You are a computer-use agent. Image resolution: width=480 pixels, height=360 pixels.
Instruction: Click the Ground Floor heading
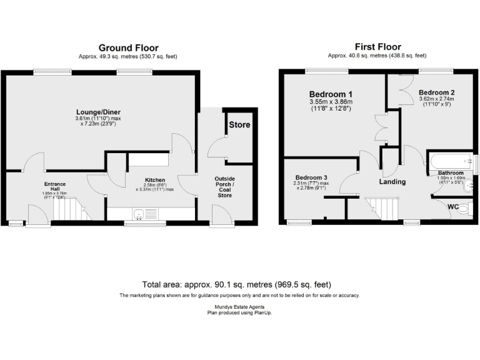128,47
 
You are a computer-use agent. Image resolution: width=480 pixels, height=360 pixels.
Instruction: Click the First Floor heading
377,47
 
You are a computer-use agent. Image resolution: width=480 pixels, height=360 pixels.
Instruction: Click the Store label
239,125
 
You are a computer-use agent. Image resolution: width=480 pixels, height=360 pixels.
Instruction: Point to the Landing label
392,182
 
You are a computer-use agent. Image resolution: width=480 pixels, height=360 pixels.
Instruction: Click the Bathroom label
450,172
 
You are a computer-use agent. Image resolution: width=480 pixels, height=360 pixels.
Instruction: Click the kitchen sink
140,214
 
